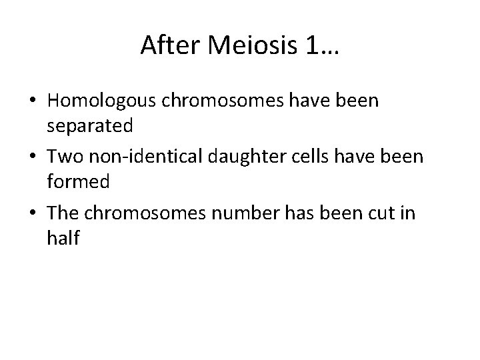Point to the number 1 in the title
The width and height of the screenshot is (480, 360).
[312, 45]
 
